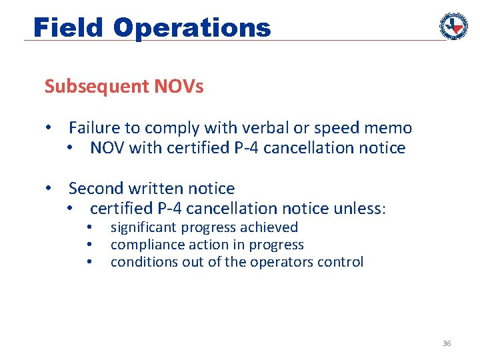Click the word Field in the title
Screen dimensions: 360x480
coord(69,28)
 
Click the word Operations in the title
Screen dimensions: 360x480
coord(192,28)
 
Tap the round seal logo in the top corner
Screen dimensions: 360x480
coord(453,25)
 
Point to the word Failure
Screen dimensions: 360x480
coord(94,128)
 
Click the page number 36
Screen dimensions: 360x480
coord(447,343)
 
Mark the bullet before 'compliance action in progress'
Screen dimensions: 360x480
coord(89,245)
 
